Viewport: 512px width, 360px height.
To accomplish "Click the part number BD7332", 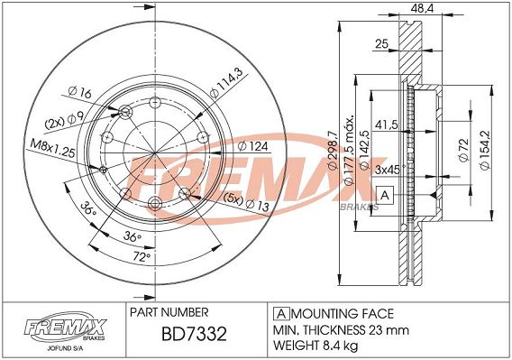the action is click(194, 334).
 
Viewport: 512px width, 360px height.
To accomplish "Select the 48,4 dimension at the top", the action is click(422, 8).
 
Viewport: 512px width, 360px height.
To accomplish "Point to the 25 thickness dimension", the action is click(381, 43).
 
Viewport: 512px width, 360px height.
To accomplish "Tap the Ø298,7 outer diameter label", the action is click(332, 150).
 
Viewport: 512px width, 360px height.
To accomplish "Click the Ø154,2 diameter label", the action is click(485, 150).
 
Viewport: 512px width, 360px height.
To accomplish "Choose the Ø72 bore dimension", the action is click(464, 150).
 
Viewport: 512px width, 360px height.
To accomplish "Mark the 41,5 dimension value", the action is click(387, 125).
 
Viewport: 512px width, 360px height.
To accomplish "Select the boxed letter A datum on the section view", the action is click(385, 195).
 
